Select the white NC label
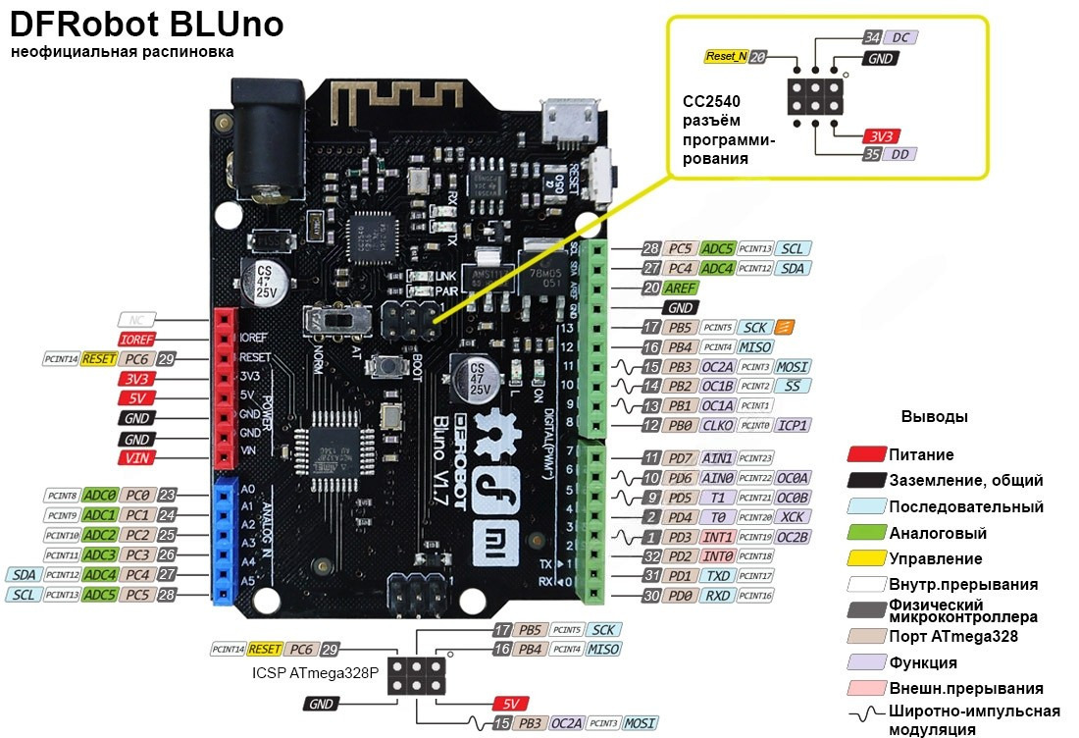(x=136, y=319)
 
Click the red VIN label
(x=136, y=458)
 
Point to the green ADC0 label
(x=99, y=495)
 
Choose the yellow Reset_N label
(x=726, y=57)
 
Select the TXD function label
(x=718, y=575)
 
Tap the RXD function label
(x=718, y=595)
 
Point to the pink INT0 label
(x=718, y=555)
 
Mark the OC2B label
(x=793, y=536)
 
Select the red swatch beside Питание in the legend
(x=866, y=454)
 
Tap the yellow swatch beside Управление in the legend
(x=866, y=558)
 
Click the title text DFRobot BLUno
(x=147, y=24)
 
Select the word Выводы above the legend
(x=934, y=416)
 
